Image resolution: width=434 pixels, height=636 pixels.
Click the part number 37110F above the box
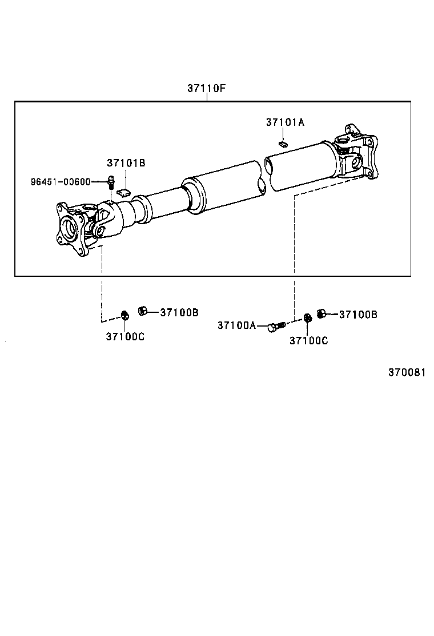pos(207,89)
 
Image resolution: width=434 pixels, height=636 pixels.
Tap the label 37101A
pos(285,122)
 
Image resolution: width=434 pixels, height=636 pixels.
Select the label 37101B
pos(126,164)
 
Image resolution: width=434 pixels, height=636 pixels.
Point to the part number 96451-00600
pos(60,182)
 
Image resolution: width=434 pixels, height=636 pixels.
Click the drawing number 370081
pos(407,372)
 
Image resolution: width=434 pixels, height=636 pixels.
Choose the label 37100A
pos(236,325)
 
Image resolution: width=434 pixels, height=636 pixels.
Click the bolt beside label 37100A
pos(276,327)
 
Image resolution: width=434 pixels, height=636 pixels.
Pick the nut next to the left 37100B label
pos(143,311)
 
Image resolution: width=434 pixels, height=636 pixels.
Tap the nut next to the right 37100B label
pos(321,313)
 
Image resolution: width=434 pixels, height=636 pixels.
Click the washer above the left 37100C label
pos(125,315)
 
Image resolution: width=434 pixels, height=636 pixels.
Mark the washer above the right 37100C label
pos(307,317)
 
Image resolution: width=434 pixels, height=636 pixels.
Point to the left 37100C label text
pos(124,336)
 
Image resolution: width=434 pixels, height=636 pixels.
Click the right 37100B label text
pos(358,314)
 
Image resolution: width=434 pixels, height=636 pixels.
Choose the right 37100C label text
pos(308,340)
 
